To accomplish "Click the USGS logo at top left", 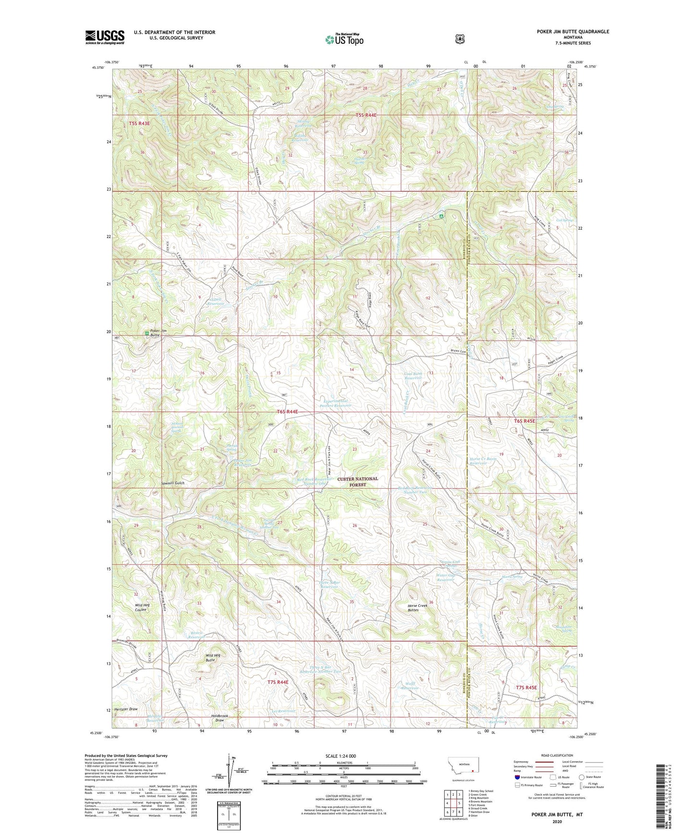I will [x=105, y=37].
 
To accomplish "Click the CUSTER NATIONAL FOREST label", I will [x=357, y=481].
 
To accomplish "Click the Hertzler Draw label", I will [x=126, y=709].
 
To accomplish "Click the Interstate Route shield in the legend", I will [x=517, y=777].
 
